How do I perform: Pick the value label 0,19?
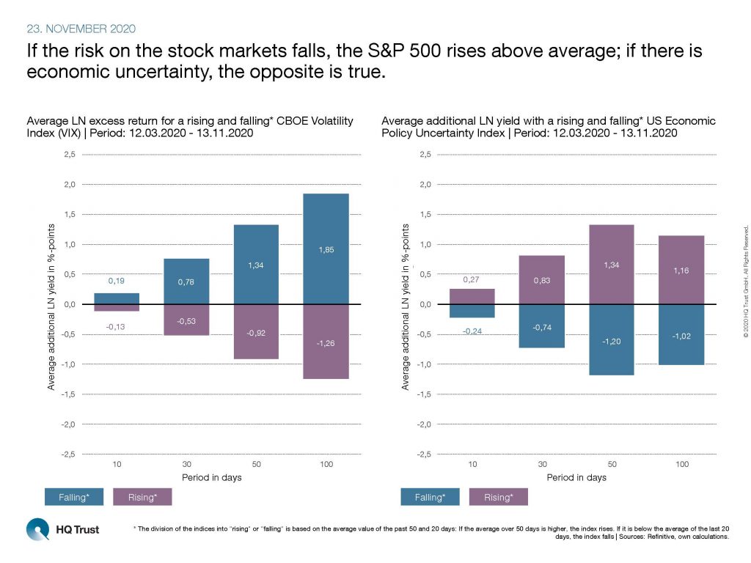coord(117,281)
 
